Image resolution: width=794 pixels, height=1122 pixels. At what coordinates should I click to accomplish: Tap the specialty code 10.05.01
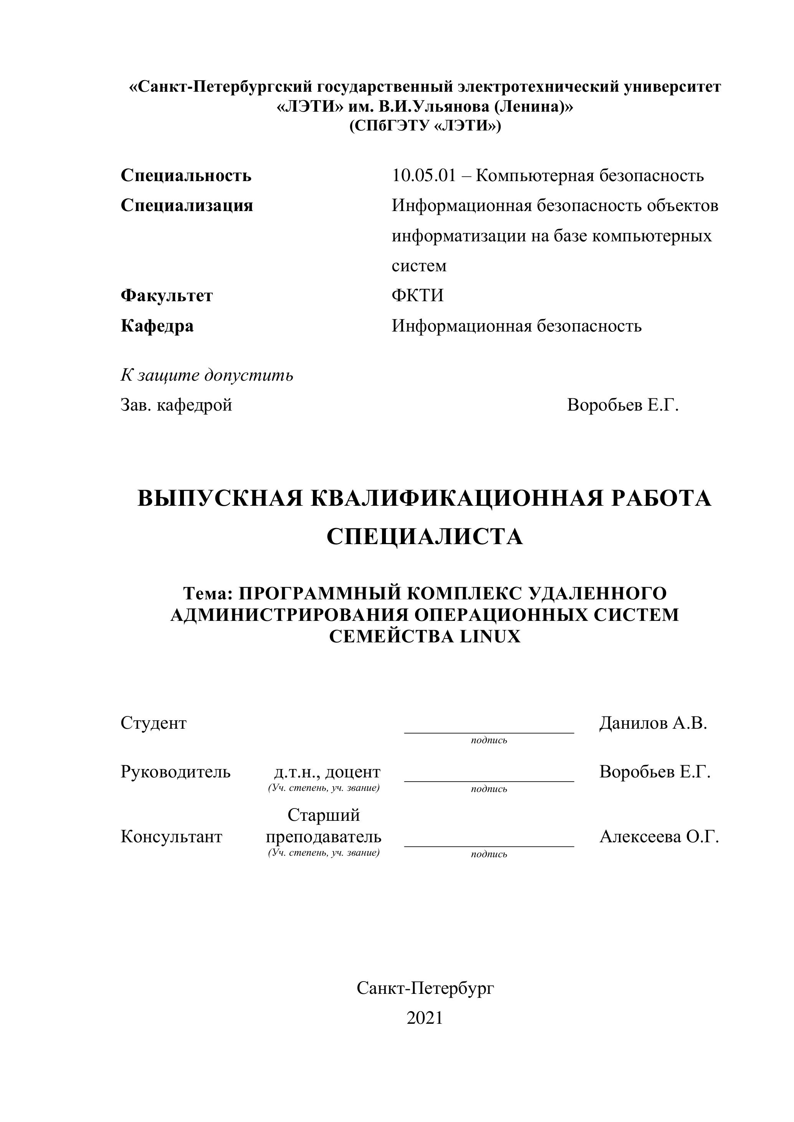(423, 175)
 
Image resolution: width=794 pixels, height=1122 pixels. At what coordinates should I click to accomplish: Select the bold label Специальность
(186, 175)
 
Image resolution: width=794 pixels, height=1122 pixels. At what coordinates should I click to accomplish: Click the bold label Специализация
(187, 205)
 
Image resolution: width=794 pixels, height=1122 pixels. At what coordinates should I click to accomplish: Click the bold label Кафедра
(157, 325)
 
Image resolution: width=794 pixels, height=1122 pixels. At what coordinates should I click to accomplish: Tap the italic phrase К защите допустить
(207, 375)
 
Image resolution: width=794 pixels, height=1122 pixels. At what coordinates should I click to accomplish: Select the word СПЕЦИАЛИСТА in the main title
(424, 536)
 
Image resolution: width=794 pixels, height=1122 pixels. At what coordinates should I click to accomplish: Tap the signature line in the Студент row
(489, 732)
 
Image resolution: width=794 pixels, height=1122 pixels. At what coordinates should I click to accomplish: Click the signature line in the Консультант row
(489, 845)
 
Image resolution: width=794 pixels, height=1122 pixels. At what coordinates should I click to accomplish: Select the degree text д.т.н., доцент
(327, 772)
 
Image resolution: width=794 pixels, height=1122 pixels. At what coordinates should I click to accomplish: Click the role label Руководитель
(175, 772)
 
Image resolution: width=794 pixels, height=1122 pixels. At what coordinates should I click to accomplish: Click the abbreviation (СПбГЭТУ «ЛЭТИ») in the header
(424, 126)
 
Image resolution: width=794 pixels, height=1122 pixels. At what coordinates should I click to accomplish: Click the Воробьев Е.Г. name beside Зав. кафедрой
(623, 405)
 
